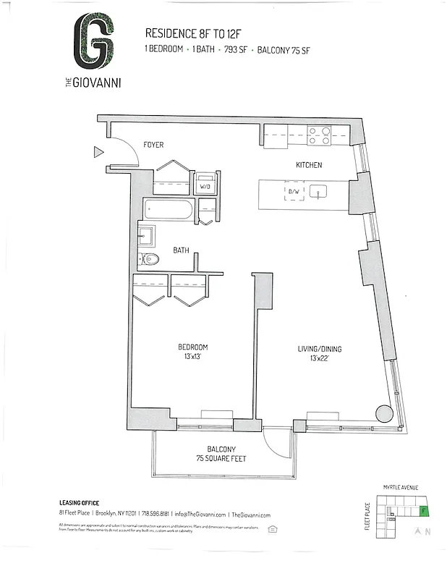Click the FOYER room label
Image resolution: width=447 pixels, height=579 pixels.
click(x=153, y=145)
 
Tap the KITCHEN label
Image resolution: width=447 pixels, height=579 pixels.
click(x=308, y=166)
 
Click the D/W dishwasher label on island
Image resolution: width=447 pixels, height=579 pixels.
click(x=294, y=192)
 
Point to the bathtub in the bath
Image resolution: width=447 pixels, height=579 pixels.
click(x=169, y=211)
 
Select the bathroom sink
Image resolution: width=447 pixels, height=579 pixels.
click(x=146, y=234)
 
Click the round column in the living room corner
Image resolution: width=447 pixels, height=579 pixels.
click(x=386, y=414)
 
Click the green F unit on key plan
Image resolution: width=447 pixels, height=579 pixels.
click(x=424, y=511)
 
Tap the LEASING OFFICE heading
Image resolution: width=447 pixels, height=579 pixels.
click(x=79, y=503)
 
